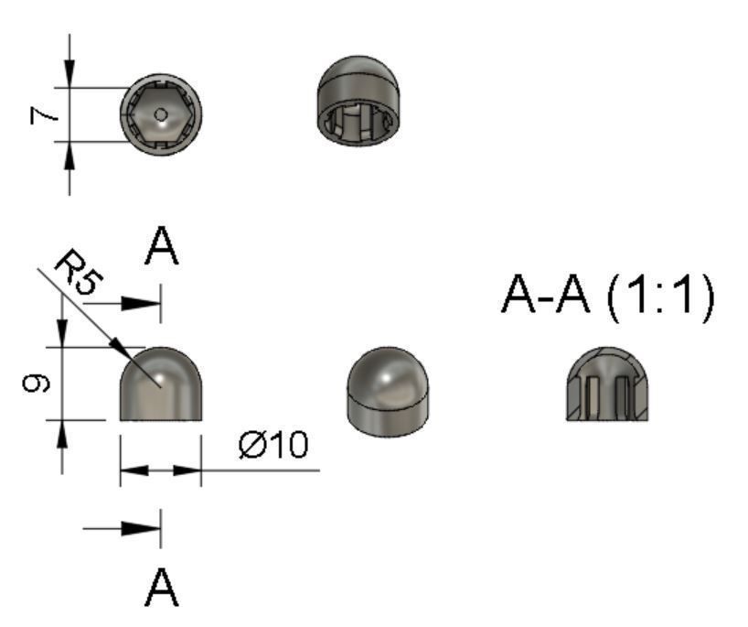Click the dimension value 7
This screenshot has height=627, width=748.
click(43, 115)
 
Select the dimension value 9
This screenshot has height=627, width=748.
click(36, 384)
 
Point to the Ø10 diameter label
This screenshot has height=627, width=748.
click(273, 445)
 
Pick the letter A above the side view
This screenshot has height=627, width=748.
click(161, 246)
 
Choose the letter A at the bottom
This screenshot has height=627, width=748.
click(161, 588)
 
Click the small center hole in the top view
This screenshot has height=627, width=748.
click(161, 114)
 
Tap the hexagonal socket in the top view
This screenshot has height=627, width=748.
click(161, 114)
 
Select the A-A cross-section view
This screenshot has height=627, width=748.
click(607, 384)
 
